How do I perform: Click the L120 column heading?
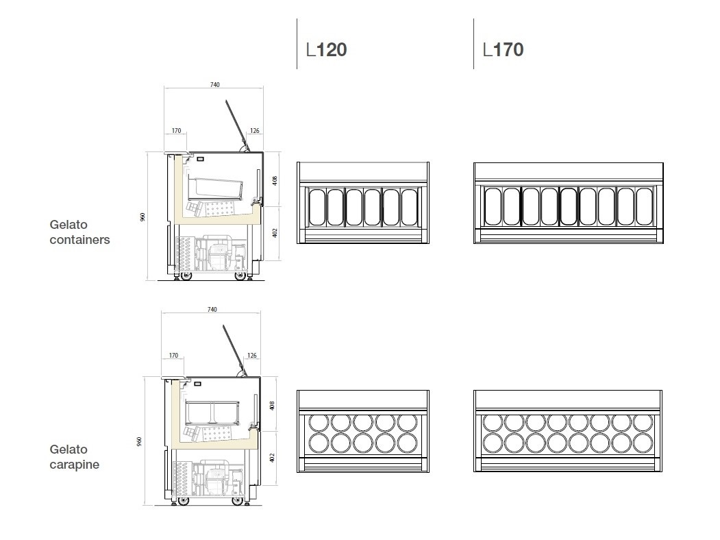pos(327,49)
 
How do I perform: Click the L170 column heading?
pos(504,49)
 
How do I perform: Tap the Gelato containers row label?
pos(79,232)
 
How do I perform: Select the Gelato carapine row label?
pos(75,457)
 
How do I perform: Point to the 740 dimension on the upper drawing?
pos(215,84)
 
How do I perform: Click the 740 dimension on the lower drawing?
pos(212,310)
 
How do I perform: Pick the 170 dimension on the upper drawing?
pos(176,130)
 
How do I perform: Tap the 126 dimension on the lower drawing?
pos(252,356)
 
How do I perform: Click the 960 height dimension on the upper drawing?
pos(142,217)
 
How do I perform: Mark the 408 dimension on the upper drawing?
pos(275,180)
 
